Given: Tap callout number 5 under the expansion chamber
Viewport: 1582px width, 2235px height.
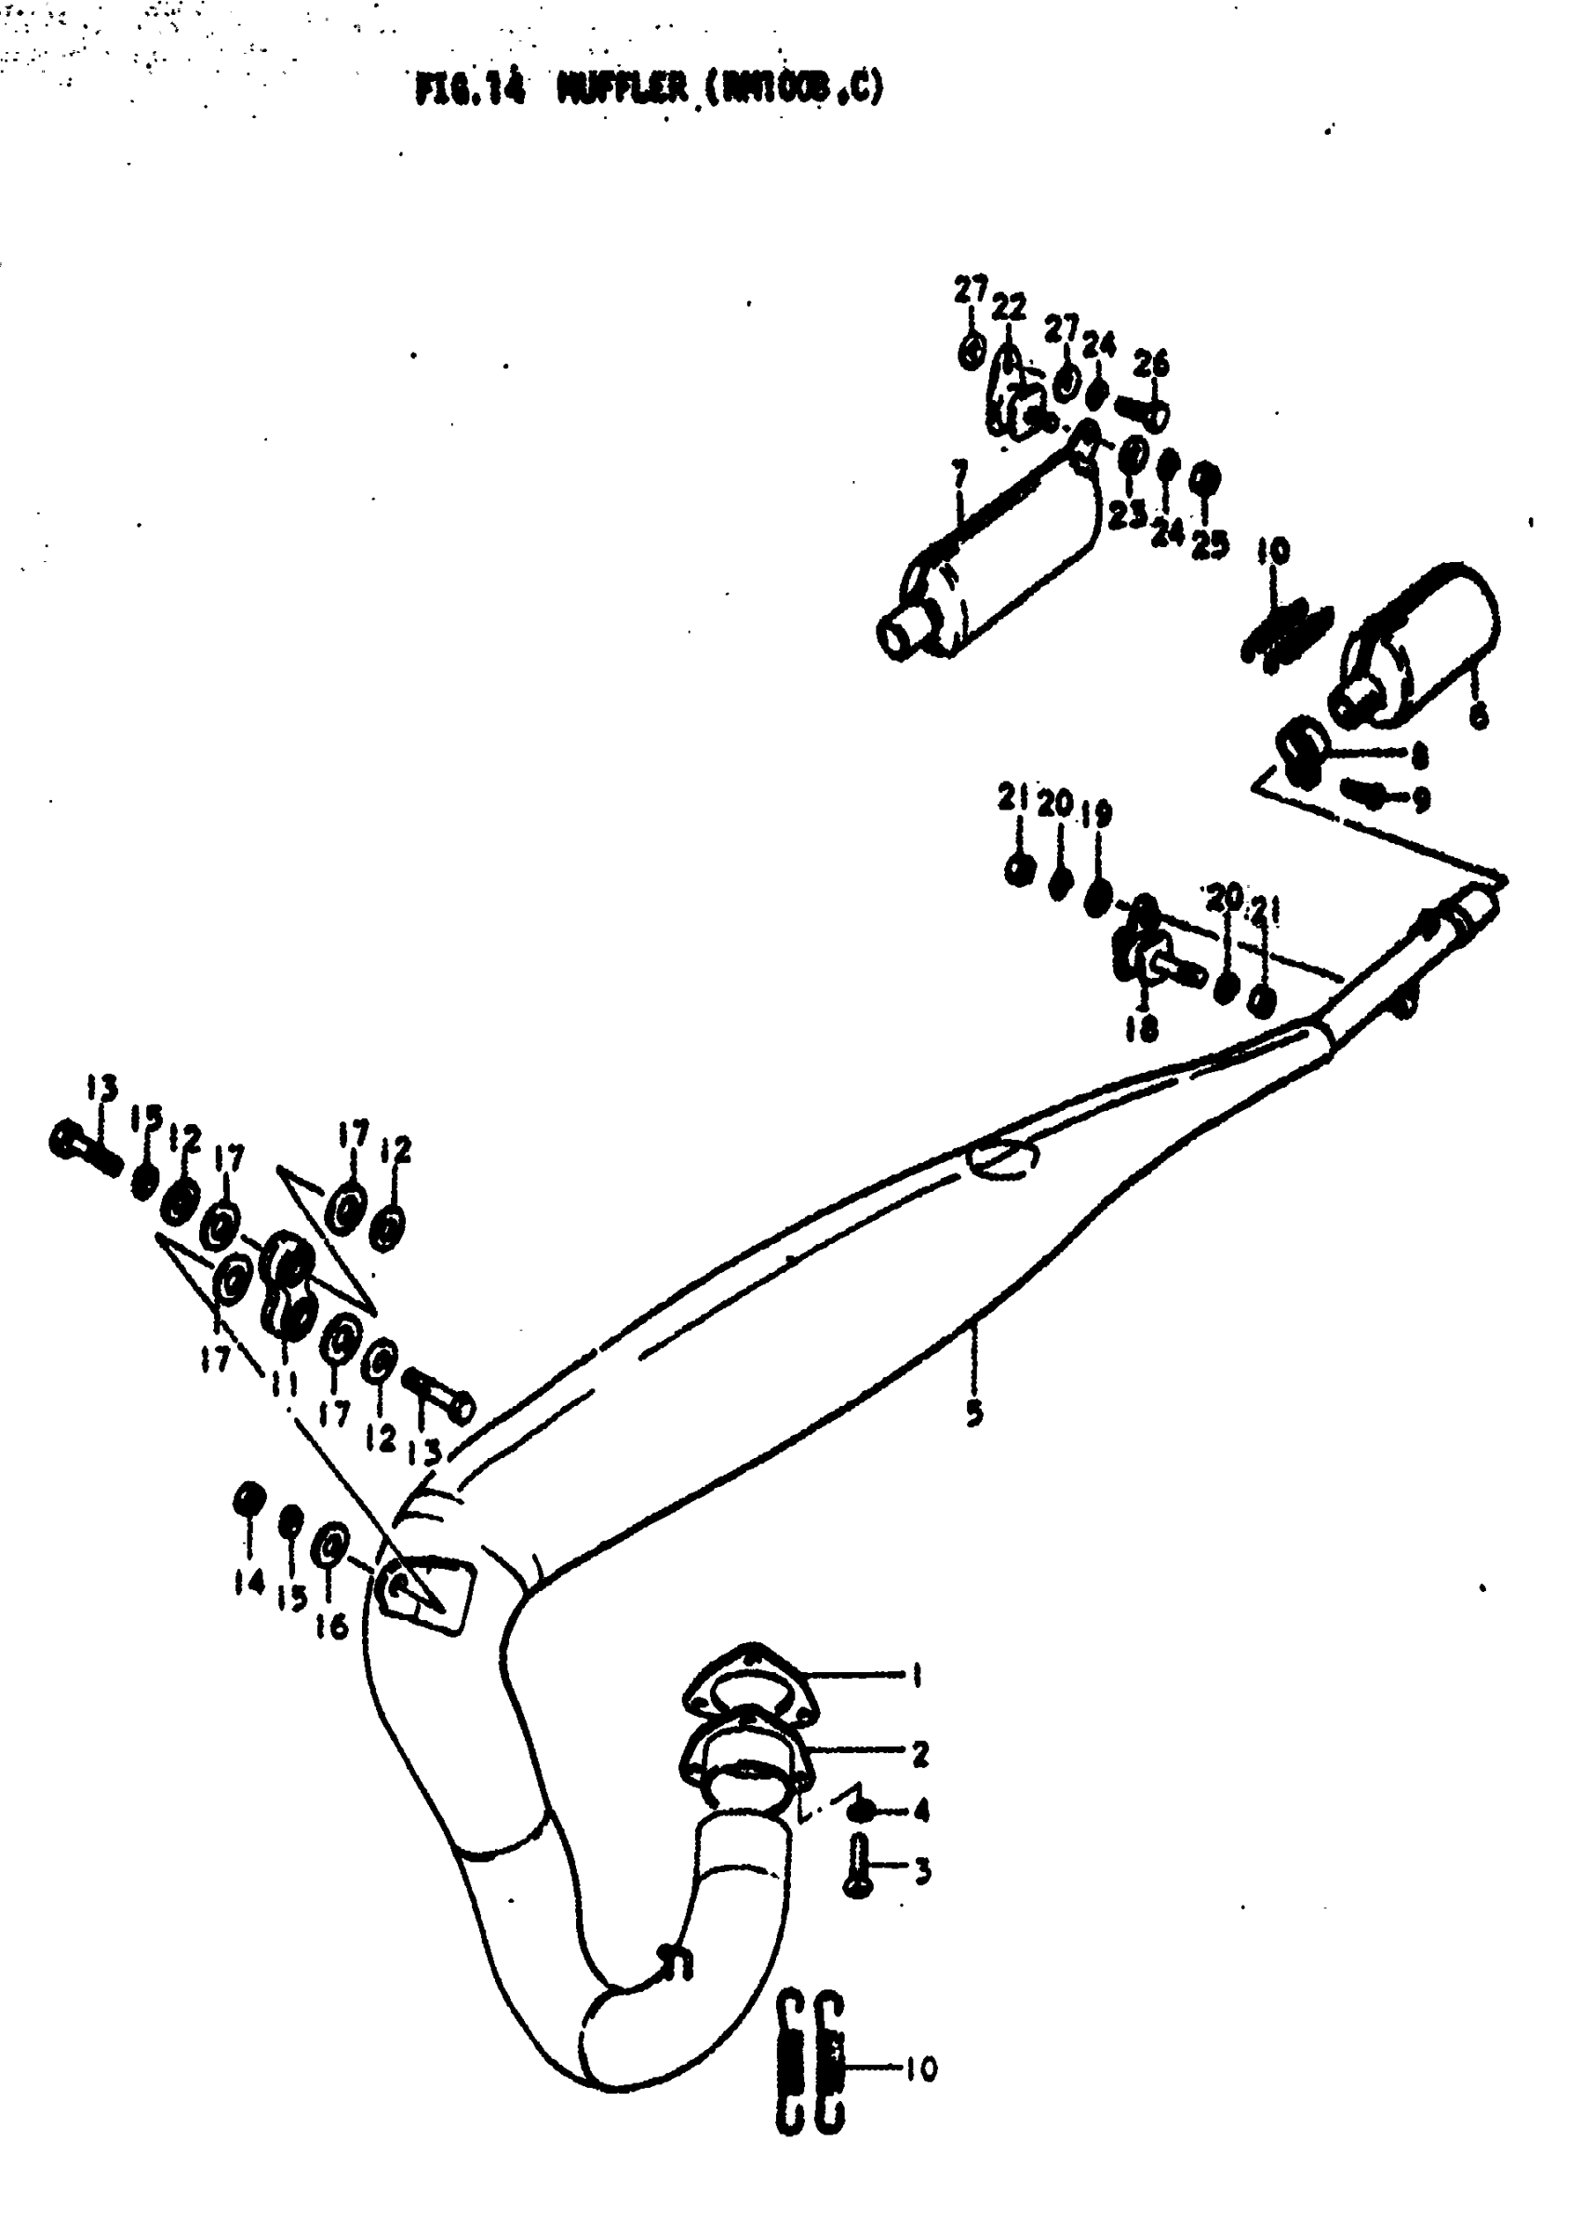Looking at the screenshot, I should point(974,1412).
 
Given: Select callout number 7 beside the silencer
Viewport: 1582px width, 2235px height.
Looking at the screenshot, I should point(960,476).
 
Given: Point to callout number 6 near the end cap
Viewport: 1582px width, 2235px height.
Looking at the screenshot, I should point(1479,716).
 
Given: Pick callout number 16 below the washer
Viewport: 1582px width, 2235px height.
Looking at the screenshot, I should point(332,1626).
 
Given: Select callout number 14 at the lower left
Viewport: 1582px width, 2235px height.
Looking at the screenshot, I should point(248,1583).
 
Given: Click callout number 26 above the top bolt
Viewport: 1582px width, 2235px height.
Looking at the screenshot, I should point(1150,364).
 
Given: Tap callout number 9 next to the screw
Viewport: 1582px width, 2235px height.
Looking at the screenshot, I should point(1421,799).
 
